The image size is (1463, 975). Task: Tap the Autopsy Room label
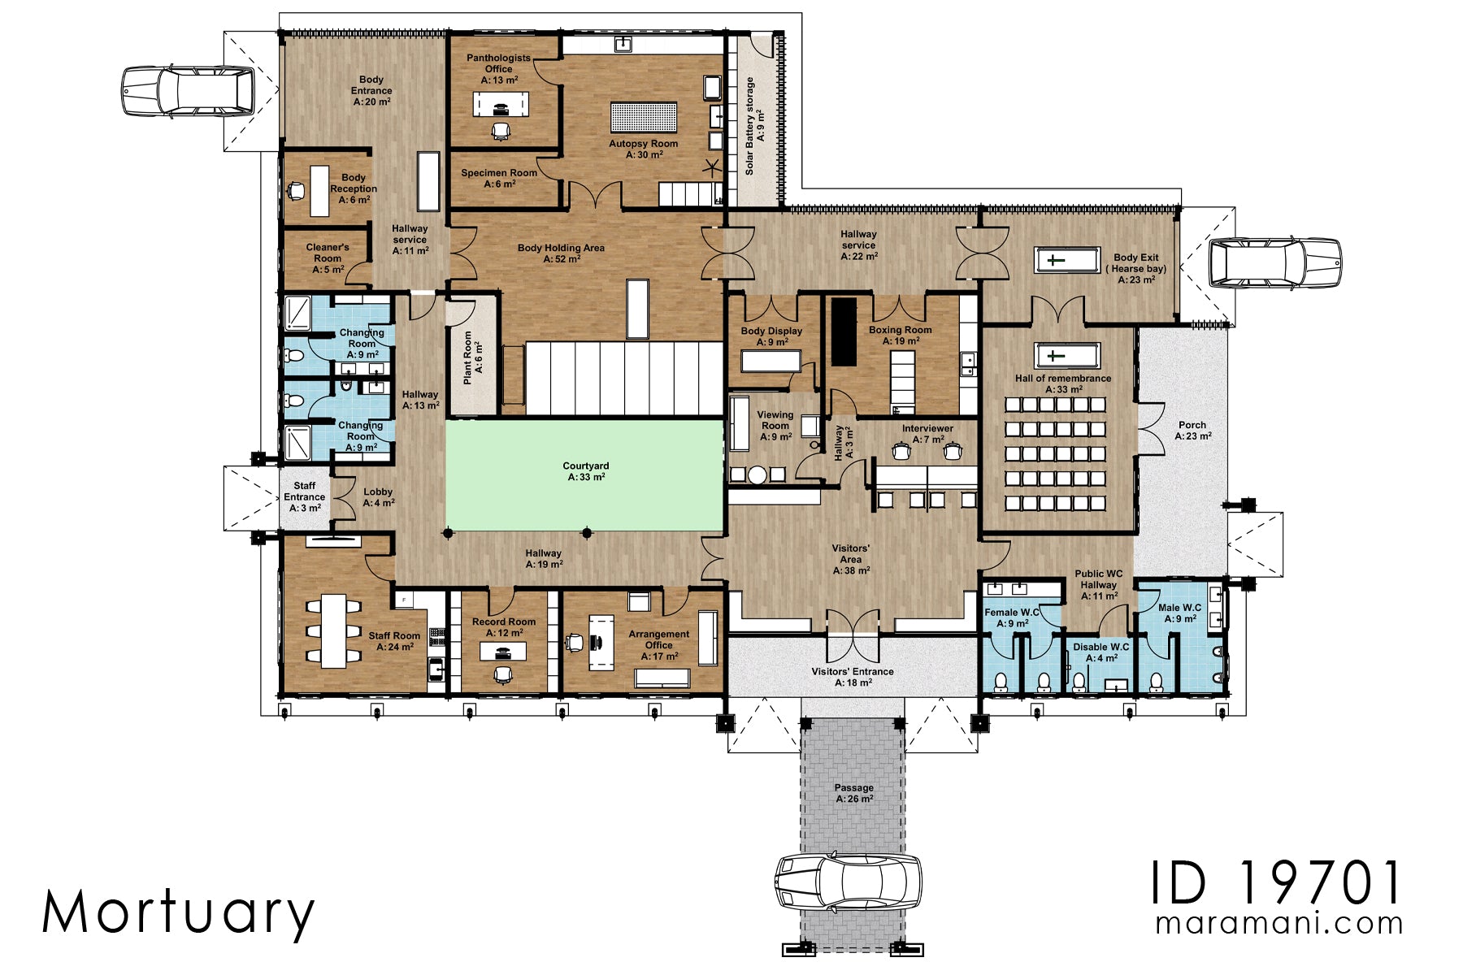(644, 149)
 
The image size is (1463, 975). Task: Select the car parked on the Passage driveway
(848, 882)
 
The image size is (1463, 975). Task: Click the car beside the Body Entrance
(188, 90)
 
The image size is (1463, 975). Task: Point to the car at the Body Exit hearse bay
(1274, 262)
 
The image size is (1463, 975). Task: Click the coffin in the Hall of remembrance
(1066, 356)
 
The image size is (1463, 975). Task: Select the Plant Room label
(473, 357)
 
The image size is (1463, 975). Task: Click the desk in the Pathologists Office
(501, 104)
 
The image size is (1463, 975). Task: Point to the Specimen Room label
(499, 178)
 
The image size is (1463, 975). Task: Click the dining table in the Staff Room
(333, 630)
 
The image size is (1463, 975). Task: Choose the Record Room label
(504, 626)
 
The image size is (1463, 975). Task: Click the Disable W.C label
(1101, 652)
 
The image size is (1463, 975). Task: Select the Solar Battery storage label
(755, 126)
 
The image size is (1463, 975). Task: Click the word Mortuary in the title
(178, 912)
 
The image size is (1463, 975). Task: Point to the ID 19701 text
(1276, 883)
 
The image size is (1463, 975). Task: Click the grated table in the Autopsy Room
(644, 118)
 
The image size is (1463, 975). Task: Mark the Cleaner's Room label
(328, 258)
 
